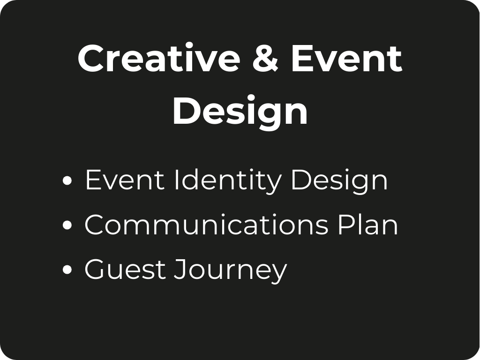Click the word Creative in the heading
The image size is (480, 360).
click(x=159, y=58)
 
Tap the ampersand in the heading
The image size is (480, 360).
click(x=265, y=58)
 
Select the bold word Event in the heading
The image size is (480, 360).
click(x=346, y=58)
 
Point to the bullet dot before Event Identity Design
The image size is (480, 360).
click(x=67, y=180)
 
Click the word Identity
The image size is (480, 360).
click(x=227, y=181)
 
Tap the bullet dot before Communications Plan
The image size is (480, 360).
click(x=67, y=225)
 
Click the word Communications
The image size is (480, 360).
click(x=206, y=225)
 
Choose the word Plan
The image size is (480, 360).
click(x=368, y=225)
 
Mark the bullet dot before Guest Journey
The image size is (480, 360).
click(x=67, y=270)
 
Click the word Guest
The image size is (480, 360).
click(x=125, y=269)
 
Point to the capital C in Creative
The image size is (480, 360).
click(x=91, y=58)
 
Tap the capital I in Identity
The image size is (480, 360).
click(x=176, y=180)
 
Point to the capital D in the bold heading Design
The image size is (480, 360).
click(x=187, y=110)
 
